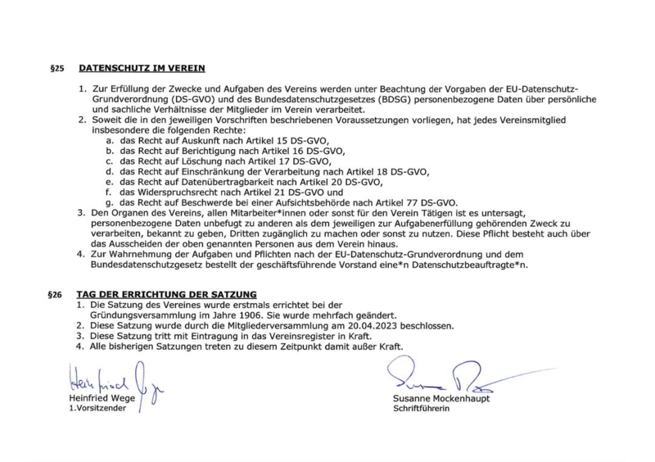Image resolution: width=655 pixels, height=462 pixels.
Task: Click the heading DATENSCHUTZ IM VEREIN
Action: click(x=142, y=68)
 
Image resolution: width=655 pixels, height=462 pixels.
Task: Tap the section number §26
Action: click(x=55, y=293)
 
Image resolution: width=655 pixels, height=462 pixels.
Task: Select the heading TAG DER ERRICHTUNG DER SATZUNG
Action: click(x=166, y=293)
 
